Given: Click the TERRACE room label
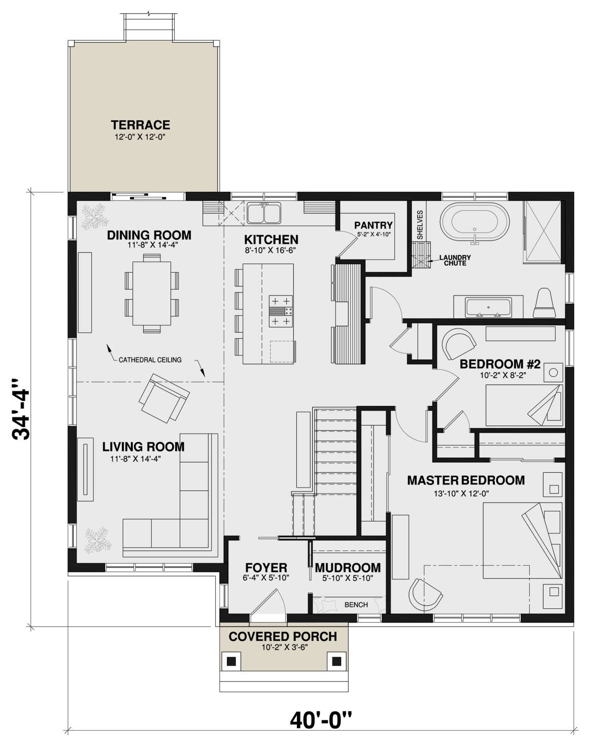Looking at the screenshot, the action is (x=141, y=125).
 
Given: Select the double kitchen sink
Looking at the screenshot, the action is (x=263, y=213).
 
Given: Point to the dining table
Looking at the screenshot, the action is (x=152, y=294).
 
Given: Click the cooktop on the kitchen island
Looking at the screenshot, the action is (x=281, y=311).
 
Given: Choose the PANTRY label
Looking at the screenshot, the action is (x=373, y=225).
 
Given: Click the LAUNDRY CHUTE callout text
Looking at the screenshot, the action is (x=455, y=260).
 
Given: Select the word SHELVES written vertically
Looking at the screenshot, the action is (x=419, y=225).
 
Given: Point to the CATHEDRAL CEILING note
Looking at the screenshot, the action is (x=150, y=360).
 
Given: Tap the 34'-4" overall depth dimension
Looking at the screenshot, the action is (x=21, y=409).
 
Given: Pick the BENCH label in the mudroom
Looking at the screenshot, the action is (x=356, y=605).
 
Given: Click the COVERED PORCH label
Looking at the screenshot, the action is (x=283, y=636).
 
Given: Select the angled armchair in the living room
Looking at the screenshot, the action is (x=164, y=398).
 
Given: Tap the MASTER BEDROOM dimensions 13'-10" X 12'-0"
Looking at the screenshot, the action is (x=461, y=493).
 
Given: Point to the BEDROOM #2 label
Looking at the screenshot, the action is (x=499, y=364).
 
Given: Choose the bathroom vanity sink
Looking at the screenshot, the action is (x=488, y=308).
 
